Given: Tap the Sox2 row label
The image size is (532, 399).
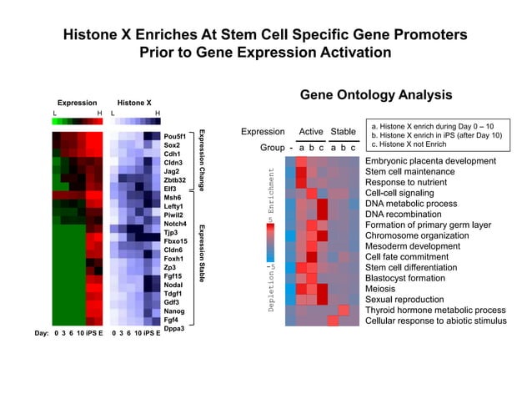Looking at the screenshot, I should point(171,144).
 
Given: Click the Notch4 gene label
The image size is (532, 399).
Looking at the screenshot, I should point(174,223).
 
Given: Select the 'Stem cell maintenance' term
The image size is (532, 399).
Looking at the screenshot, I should point(409,171).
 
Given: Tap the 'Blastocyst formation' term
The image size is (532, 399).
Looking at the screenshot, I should point(404,278).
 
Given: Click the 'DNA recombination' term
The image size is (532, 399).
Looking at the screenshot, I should point(403,214).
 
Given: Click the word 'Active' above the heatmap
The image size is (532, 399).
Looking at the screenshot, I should point(310,132).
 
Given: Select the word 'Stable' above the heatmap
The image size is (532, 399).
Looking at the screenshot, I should point(343,132).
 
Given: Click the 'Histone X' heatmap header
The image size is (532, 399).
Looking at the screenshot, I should point(134,103).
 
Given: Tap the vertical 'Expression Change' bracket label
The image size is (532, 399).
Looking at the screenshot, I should point(201,161).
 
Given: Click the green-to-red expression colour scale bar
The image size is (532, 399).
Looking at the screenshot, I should point(77,121).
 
